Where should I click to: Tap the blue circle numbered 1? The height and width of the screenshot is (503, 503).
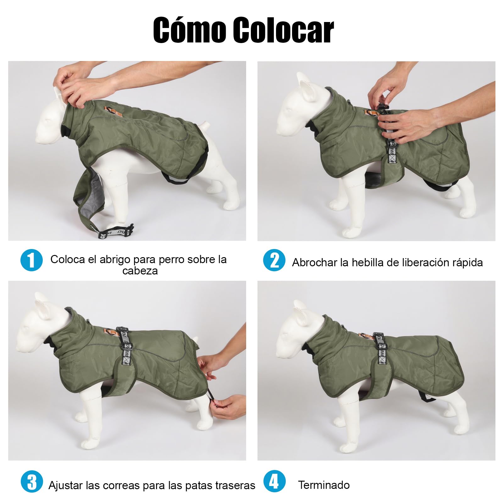[x=31, y=260]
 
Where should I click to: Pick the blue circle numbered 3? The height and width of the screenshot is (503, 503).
[x=32, y=481]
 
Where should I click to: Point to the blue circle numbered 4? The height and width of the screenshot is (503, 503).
[x=274, y=481]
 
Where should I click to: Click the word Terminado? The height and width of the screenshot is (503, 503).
[x=324, y=485]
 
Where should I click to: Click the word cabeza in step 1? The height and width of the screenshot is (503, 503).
[x=140, y=271]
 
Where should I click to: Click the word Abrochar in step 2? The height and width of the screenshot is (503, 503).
[x=314, y=262]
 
